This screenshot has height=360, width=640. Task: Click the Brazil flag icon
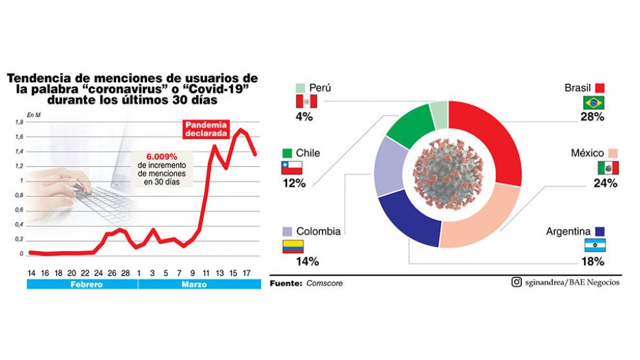[x=593, y=103]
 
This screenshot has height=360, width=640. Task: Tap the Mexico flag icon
[x=608, y=168]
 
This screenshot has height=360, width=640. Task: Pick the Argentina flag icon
[x=594, y=246]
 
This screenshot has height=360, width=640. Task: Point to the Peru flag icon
[x=306, y=102]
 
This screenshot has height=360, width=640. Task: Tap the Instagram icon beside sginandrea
[x=516, y=282]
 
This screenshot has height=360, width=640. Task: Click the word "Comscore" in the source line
[x=325, y=283]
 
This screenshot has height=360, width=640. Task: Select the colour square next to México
[x=614, y=153]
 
